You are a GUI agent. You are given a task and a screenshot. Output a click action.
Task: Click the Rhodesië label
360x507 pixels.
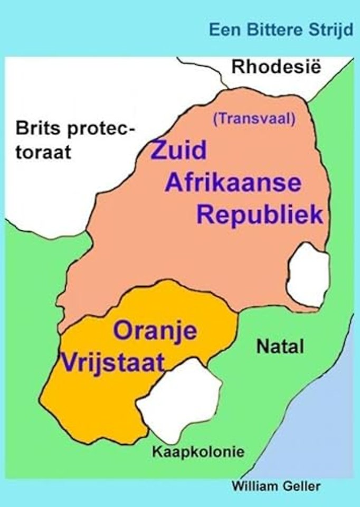point(277,67)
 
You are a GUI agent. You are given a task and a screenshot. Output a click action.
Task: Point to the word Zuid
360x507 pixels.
point(178,152)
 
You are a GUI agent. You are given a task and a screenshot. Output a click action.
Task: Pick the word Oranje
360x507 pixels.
point(156,332)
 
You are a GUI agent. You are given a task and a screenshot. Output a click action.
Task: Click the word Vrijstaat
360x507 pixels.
point(111,363)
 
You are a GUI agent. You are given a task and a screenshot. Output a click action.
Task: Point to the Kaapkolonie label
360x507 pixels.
point(198,452)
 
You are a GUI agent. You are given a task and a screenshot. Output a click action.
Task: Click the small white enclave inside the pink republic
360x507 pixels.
point(308,275)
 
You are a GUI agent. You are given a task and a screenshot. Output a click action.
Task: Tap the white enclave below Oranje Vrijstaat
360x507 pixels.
point(179,399)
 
